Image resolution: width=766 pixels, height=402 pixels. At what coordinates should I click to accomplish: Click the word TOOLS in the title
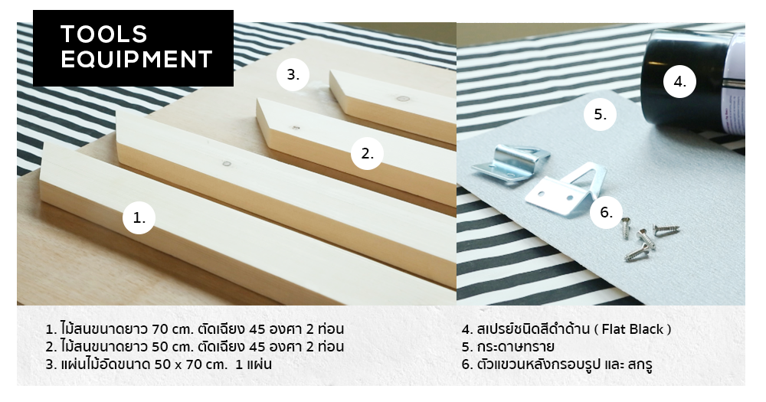[x=103, y=34]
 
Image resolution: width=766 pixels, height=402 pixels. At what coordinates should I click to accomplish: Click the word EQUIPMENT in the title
[x=136, y=59]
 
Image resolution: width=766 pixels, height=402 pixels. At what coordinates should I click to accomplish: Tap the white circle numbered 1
[x=139, y=218]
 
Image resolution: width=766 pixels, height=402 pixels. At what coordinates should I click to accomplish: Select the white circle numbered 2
[x=367, y=153]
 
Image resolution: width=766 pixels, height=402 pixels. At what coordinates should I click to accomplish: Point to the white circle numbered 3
[x=293, y=75]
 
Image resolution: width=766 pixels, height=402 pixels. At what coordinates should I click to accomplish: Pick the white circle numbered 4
[x=679, y=82]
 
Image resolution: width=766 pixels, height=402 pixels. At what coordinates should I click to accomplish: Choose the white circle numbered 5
[x=600, y=114]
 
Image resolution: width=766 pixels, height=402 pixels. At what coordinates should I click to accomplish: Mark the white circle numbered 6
[x=606, y=212]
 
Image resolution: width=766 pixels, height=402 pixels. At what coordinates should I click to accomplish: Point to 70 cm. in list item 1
[x=173, y=329]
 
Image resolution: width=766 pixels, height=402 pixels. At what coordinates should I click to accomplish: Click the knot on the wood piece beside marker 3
[x=403, y=99]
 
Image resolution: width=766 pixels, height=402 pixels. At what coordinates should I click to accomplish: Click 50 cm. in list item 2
[x=173, y=347]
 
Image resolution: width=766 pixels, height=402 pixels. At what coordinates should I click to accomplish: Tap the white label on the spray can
[x=734, y=83]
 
